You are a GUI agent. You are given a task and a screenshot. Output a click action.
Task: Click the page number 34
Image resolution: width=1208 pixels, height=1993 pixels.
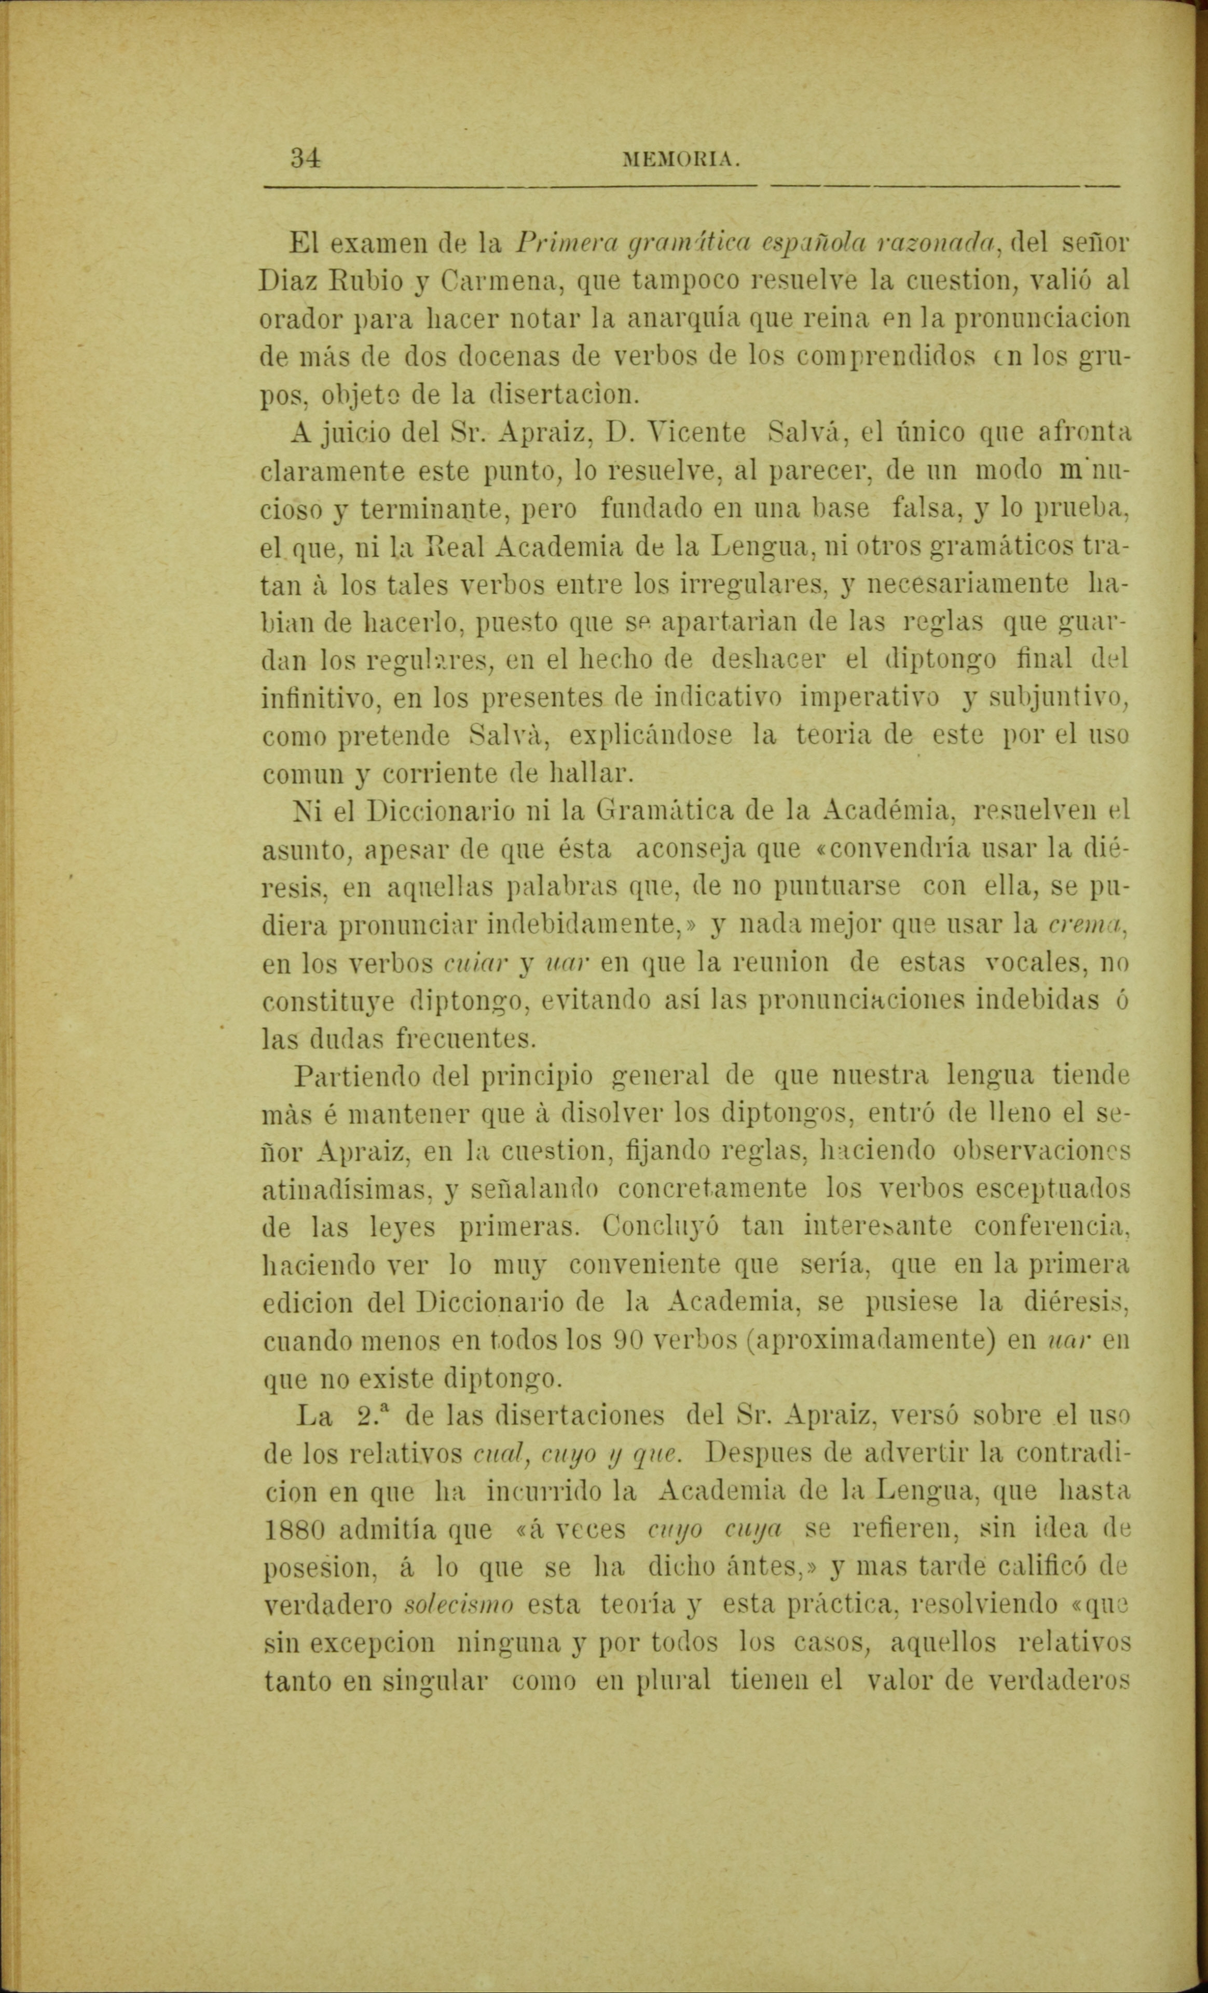[x=306, y=157]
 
